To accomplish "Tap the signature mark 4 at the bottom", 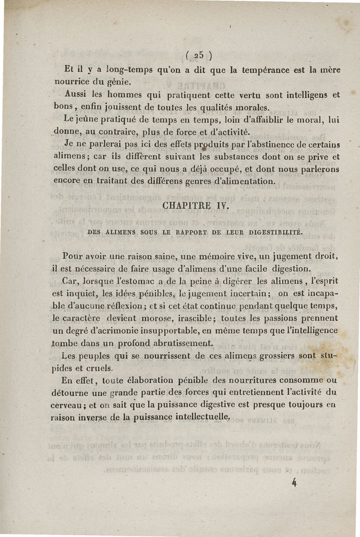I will click(x=295, y=483).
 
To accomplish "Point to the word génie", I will click(x=120, y=83).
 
